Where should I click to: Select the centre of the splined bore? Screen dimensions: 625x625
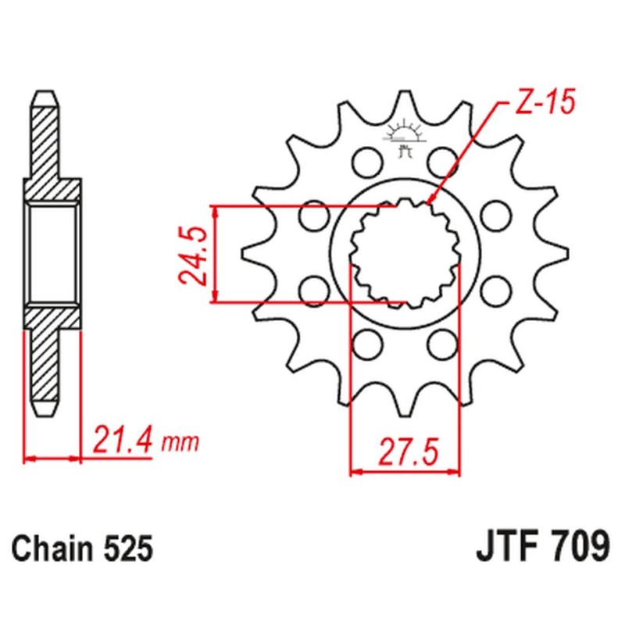(x=404, y=254)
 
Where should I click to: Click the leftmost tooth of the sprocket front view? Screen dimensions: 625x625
(x=248, y=254)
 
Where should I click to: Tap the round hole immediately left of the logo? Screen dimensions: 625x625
(x=363, y=161)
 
